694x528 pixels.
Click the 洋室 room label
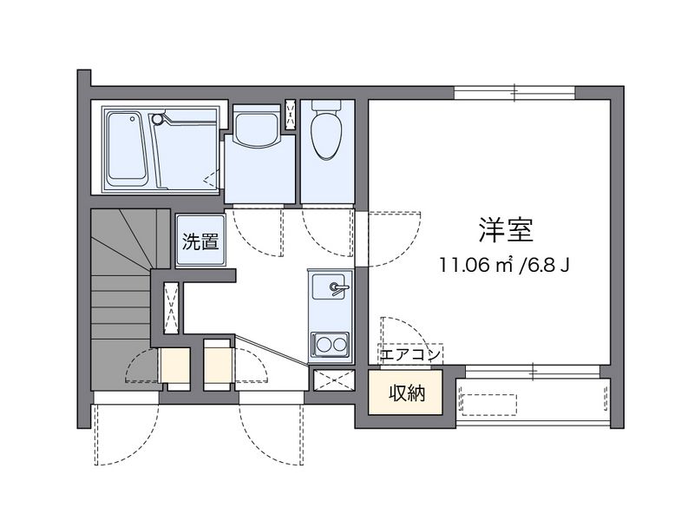point(506,230)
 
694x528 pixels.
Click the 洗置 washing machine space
point(200,241)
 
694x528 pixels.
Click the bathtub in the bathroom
point(126,149)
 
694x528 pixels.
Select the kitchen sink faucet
point(338,288)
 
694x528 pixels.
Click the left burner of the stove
point(321,344)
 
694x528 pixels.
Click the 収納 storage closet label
point(407,393)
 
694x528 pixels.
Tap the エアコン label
point(409,354)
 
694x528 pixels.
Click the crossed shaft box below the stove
point(334,379)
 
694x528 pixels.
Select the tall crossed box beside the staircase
point(171,307)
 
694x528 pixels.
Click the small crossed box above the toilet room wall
point(291,115)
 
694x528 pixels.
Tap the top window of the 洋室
point(514,92)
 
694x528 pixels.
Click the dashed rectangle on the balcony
point(489,405)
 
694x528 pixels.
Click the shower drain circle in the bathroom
point(157,119)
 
